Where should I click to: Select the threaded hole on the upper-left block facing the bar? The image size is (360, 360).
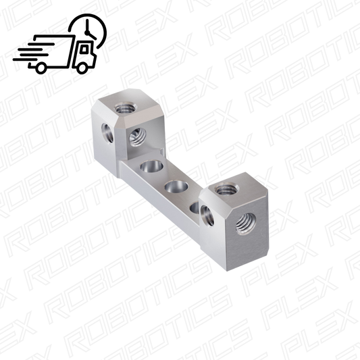137,138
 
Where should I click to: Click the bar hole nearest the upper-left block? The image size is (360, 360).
151,166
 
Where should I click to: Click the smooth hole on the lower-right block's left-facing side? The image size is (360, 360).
206,215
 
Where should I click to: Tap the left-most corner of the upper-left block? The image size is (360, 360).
89,108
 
